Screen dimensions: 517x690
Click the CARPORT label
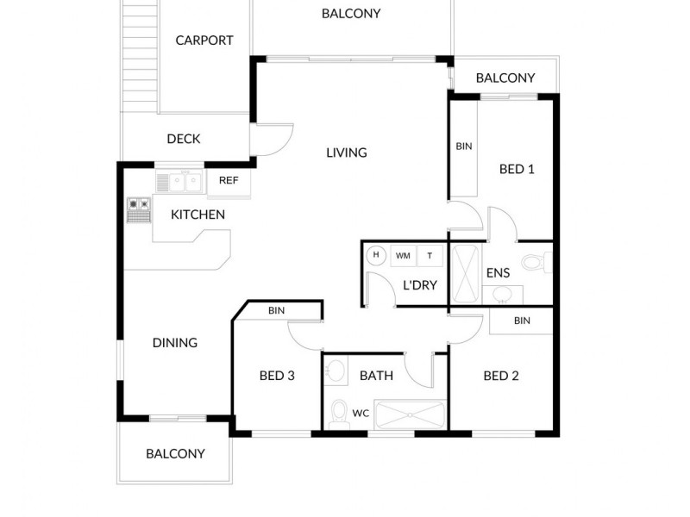point(204,40)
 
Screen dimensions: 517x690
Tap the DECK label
point(184,139)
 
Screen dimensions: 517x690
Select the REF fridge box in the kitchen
point(229,180)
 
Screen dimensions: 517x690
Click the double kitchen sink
point(179,182)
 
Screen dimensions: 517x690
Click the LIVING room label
point(347,153)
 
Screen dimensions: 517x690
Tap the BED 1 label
point(517,169)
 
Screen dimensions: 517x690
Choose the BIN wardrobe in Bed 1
point(464,147)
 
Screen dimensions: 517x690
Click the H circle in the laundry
point(376,254)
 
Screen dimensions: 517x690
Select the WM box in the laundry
point(403,255)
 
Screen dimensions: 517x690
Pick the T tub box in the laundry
point(430,255)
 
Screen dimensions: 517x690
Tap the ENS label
point(498,273)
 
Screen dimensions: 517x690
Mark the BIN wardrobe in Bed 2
point(522,321)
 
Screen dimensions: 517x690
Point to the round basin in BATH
point(337,371)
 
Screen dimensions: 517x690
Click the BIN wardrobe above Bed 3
point(276,310)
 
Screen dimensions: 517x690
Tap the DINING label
point(175,342)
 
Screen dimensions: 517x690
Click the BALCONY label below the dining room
point(175,453)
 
